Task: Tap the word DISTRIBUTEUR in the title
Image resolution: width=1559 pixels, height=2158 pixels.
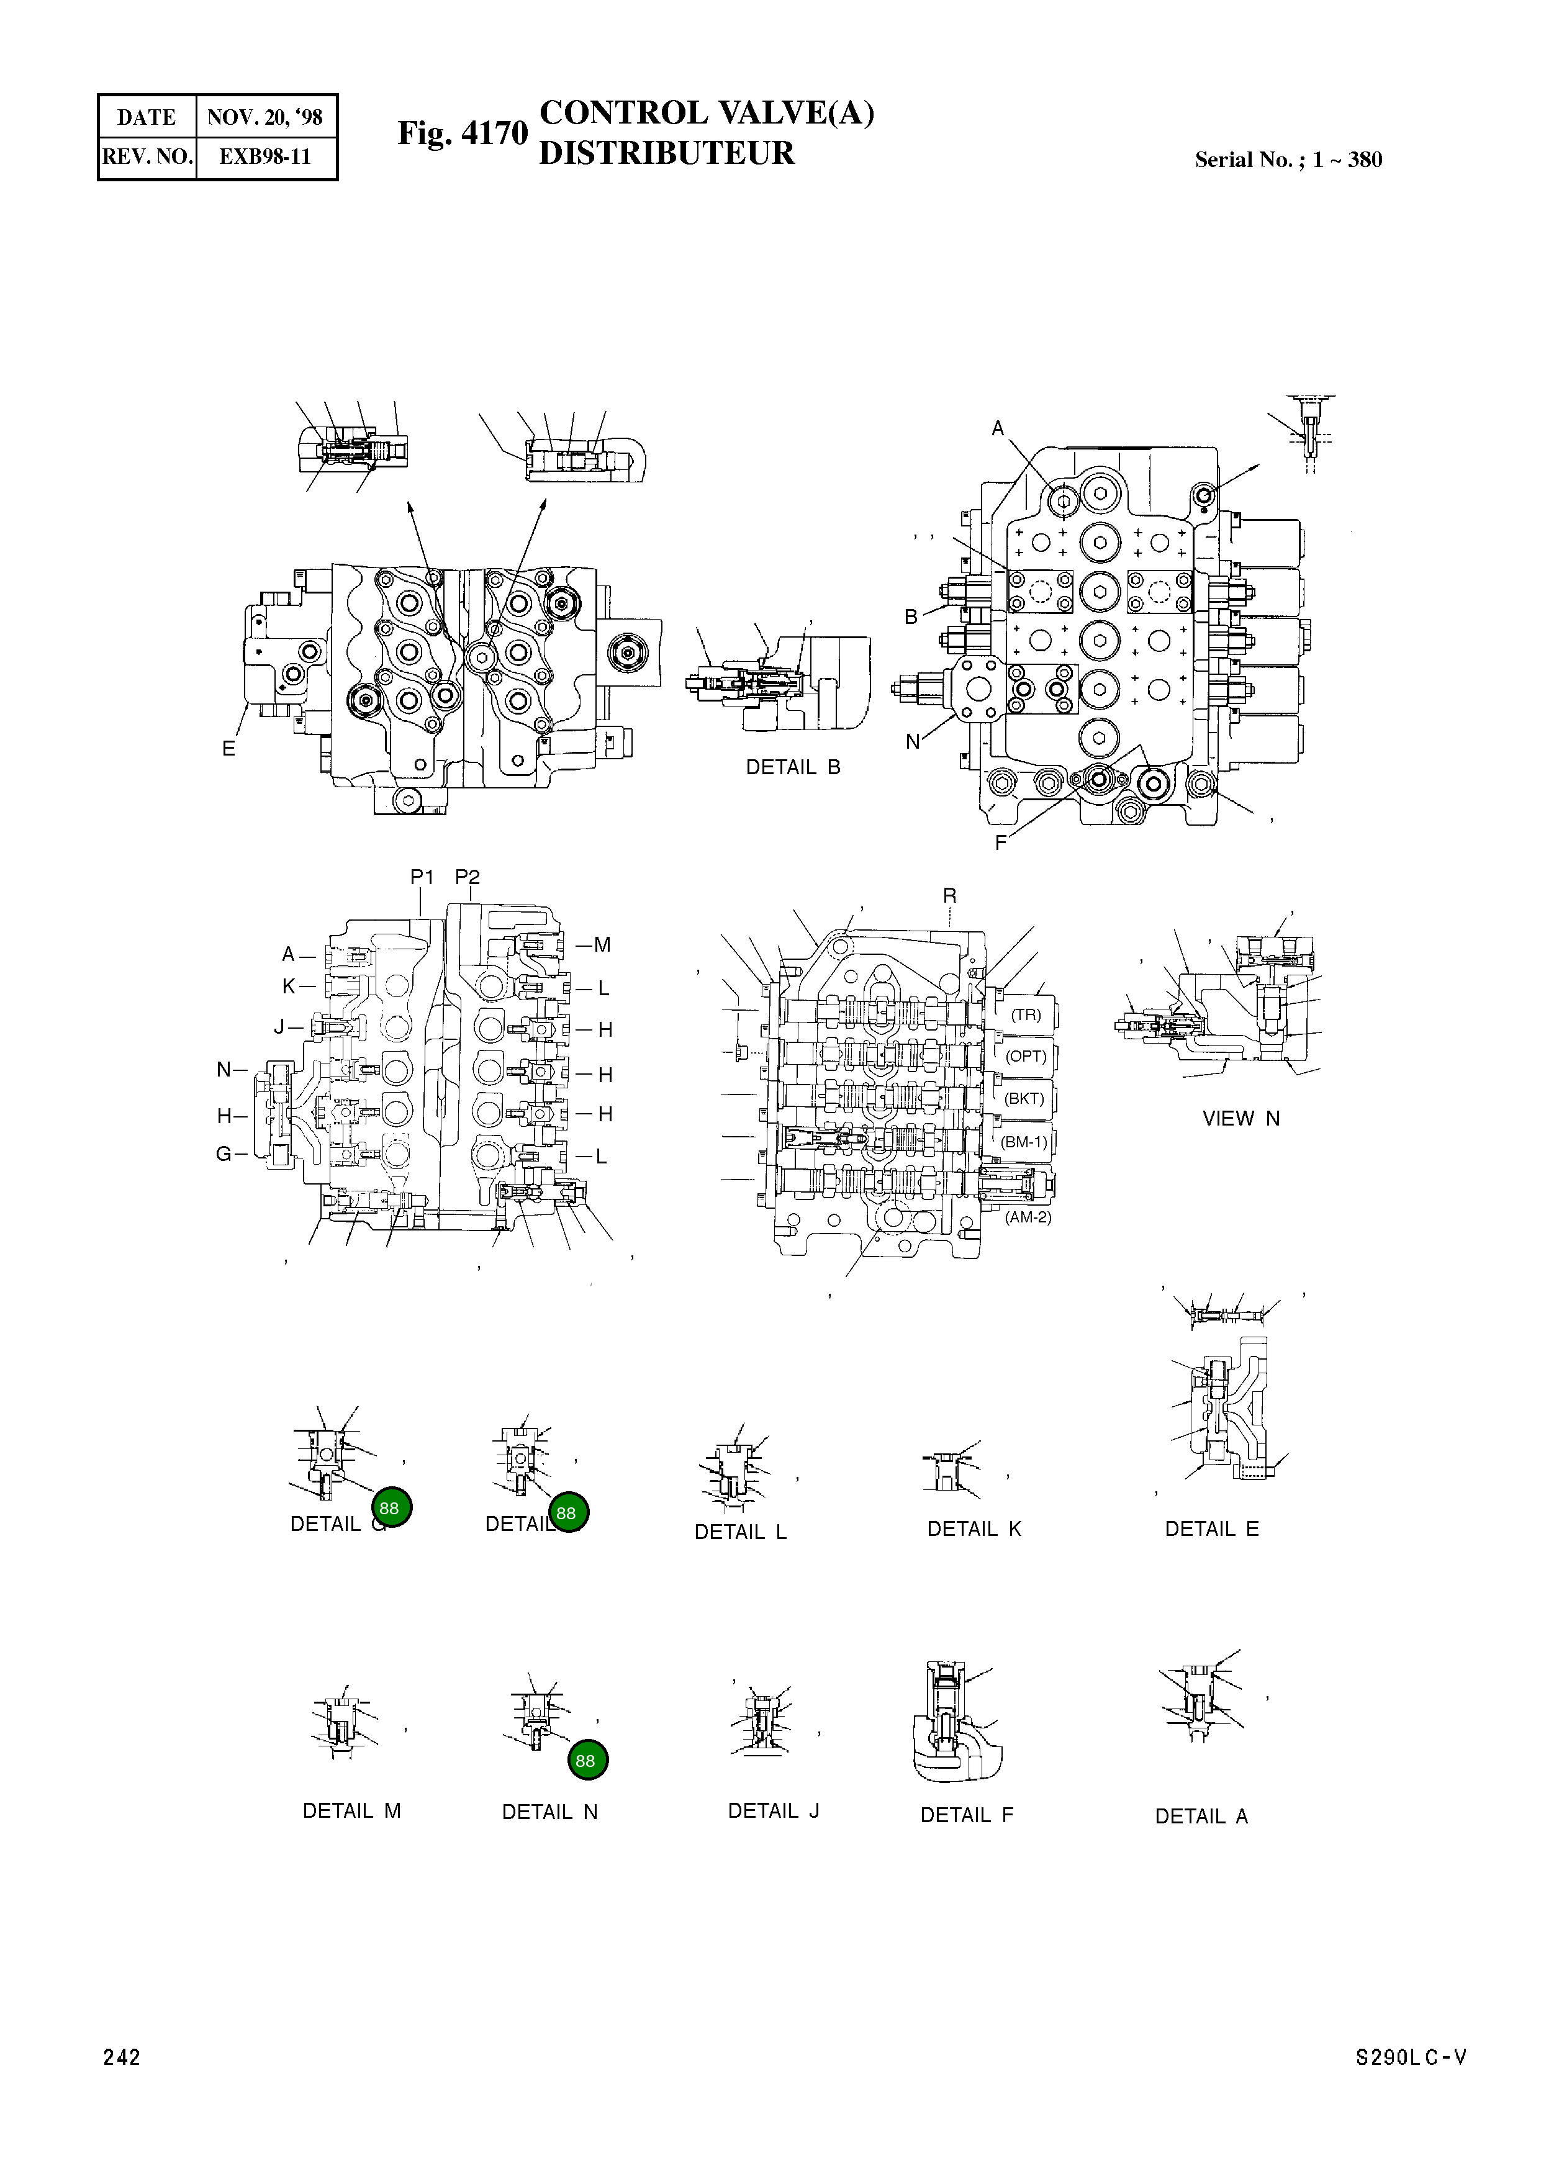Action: pos(666,153)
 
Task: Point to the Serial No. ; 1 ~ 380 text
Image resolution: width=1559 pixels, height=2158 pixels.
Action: pos(1288,160)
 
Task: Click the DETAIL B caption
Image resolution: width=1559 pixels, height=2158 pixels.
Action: pos(793,767)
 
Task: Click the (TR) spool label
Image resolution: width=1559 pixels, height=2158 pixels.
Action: pos(1026,1014)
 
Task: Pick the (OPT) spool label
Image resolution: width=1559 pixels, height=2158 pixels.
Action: pos(1026,1056)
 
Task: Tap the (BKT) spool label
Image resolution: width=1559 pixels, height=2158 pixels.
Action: pos(1024,1098)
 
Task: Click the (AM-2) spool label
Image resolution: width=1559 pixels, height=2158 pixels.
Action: pos(1028,1217)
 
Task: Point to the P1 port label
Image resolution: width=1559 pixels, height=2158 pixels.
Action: pos(422,877)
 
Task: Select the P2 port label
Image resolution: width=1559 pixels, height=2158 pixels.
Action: pos(468,877)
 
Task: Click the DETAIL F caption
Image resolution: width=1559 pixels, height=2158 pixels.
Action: pos(966,1815)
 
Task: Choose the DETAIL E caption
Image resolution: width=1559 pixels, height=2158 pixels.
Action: pos(1211,1529)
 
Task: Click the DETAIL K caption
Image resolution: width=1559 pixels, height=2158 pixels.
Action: pos(974,1529)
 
